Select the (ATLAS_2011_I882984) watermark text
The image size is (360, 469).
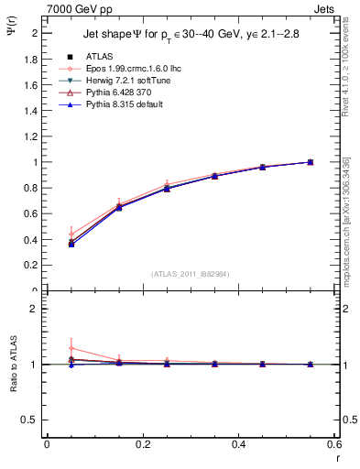[x=191, y=274]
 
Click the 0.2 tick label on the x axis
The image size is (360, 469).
[x=142, y=444]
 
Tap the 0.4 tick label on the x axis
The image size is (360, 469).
[x=239, y=444]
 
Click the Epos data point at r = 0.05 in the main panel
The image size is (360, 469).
[x=71, y=234]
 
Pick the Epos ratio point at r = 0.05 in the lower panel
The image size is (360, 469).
[x=71, y=348]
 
